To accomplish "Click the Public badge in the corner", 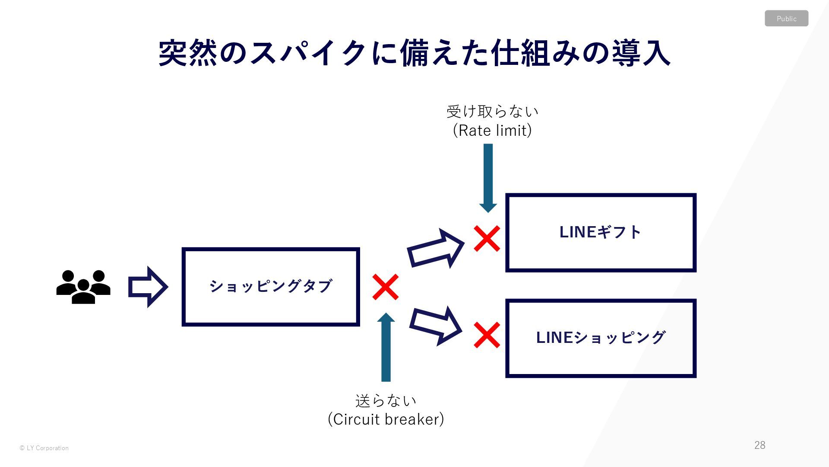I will [x=786, y=19].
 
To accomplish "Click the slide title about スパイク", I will [x=414, y=53].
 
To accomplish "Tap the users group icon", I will [x=83, y=287].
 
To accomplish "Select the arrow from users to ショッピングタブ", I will [x=148, y=287].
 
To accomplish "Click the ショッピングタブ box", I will [x=271, y=287].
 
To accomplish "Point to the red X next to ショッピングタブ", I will [x=385, y=287].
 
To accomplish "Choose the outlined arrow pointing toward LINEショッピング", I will [x=435, y=326].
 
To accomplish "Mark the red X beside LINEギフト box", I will [x=487, y=238].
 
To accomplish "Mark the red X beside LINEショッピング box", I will [x=487, y=335].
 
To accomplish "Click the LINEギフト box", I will [x=601, y=233].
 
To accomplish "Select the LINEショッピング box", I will [x=601, y=338].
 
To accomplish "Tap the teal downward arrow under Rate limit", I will [x=488, y=177].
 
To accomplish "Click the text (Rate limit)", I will [x=492, y=130].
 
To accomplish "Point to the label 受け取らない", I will [x=492, y=112].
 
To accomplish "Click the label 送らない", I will [x=386, y=401].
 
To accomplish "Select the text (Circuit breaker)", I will [x=386, y=419].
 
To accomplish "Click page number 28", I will [x=759, y=445].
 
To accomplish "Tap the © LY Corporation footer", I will [x=44, y=448].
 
